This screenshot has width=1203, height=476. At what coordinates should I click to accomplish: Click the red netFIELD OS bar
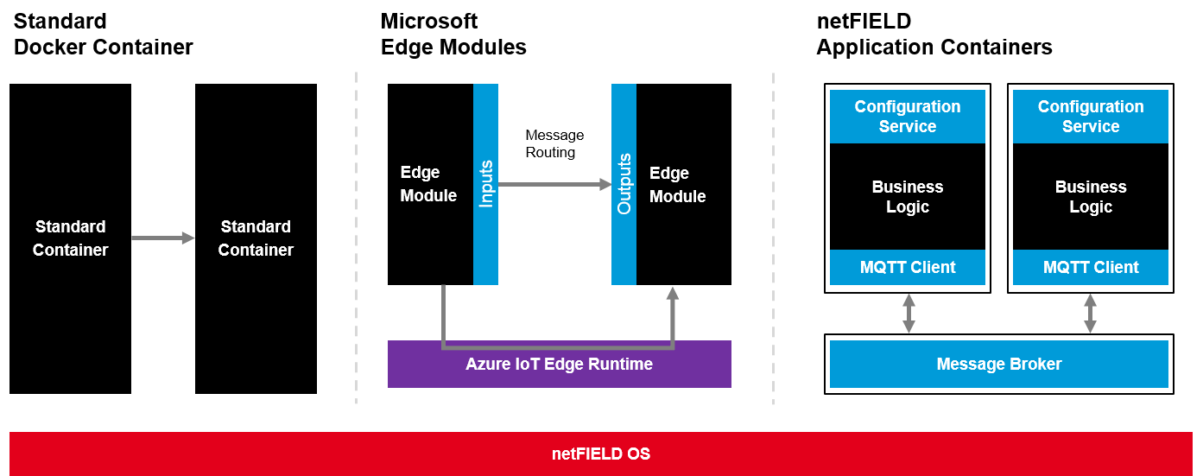600,454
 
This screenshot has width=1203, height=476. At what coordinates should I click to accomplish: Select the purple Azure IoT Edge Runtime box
559,365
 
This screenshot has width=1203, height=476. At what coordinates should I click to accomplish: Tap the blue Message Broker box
999,364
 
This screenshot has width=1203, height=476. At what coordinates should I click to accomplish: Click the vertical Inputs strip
485,184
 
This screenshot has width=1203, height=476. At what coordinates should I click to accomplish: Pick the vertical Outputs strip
624,184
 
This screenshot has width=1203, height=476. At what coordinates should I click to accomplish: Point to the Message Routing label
554,143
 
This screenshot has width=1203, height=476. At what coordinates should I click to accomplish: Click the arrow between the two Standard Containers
162,238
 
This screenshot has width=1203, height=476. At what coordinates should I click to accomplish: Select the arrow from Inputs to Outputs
554,184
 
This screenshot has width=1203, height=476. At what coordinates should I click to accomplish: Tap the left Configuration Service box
908,116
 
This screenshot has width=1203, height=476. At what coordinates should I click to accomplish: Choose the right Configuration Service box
1091,116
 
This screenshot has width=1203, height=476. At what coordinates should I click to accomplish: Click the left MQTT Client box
908,267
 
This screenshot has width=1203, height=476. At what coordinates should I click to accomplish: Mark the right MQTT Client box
1091,267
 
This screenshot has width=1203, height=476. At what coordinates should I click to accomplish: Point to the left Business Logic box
908,197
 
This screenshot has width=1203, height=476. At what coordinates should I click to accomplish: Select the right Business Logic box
1091,197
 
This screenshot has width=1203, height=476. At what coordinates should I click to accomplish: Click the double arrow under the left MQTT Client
909,314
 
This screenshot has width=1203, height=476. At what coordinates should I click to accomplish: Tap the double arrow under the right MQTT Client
1090,314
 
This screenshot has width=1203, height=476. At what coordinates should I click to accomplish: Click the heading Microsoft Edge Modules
453,34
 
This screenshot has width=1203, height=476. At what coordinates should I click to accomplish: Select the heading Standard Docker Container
103,34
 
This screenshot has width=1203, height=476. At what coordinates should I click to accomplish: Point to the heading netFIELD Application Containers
934,34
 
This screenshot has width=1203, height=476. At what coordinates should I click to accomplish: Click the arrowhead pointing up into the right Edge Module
673,294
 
